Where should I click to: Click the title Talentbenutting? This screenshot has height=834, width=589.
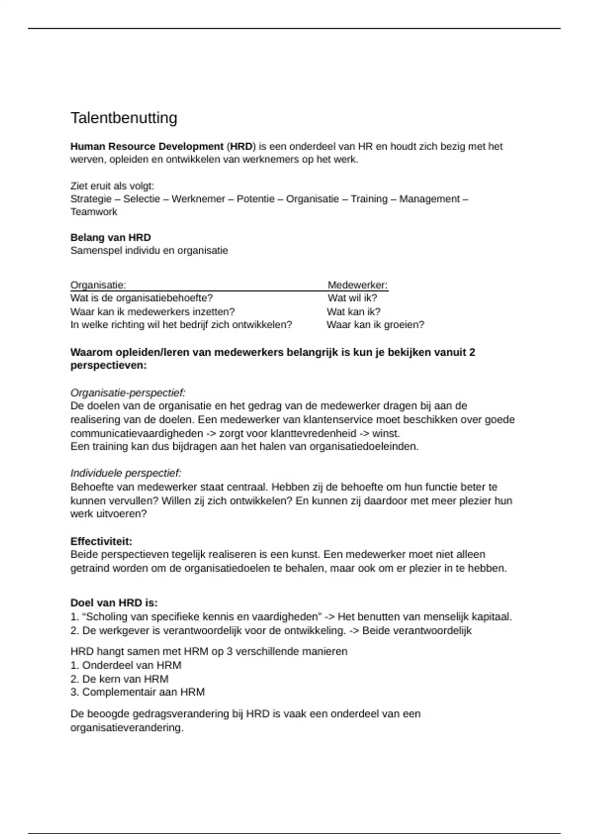coord(124,118)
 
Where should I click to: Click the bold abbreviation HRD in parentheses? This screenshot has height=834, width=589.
coord(241,146)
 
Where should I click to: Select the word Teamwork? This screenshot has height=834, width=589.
coord(94,212)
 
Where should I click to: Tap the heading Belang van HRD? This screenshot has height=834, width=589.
coord(110,237)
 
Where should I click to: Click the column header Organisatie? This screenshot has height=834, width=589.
coord(98,285)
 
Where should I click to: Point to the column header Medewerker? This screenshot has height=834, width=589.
coord(357,285)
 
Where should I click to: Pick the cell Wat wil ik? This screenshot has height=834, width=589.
coord(352,298)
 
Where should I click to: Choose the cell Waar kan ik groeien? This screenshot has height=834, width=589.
coord(375,325)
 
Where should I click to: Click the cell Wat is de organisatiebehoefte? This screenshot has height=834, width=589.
coord(141,298)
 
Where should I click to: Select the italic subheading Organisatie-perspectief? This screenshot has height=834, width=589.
coord(128,393)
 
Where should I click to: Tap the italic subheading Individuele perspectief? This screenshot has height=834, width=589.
coord(126,473)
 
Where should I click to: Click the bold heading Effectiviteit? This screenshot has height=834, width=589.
coord(101,542)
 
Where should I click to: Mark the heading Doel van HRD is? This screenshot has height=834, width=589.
coord(114,603)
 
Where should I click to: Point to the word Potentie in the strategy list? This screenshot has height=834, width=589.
coord(255,199)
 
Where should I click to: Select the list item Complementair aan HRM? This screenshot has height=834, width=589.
coord(143,692)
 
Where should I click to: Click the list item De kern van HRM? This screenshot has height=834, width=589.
coord(125,679)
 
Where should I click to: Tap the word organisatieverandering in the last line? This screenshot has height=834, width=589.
coord(127,728)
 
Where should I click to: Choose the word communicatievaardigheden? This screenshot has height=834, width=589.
coord(136,434)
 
